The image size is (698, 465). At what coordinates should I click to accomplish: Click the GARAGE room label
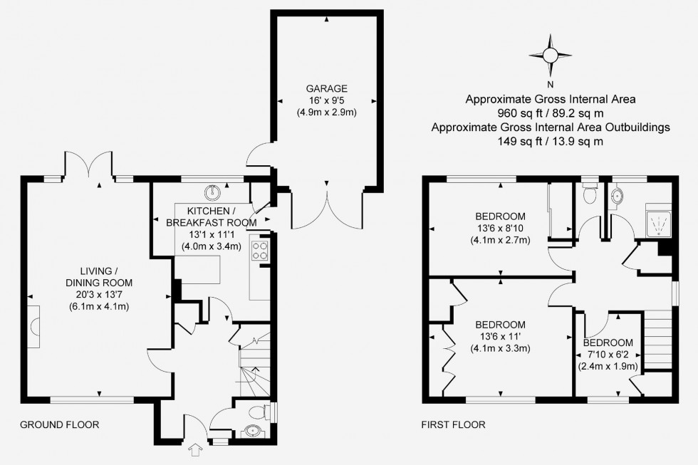tap(326, 88)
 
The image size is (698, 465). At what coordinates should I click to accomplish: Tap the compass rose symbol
tap(550, 56)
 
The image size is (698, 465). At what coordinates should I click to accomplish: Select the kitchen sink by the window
tap(213, 193)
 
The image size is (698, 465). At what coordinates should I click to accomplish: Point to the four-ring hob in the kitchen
tap(259, 250)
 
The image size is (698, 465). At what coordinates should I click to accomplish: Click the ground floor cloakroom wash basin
tap(254, 432)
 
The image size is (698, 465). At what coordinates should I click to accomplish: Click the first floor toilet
tap(590, 194)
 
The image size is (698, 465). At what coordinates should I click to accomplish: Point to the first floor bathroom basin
tap(617, 196)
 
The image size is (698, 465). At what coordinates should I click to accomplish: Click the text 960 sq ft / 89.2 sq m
tap(550, 113)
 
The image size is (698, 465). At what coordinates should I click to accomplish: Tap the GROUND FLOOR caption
tap(60, 424)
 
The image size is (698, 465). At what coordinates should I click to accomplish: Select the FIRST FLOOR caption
tap(453, 424)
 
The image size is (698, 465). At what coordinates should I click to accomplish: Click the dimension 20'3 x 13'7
tap(99, 294)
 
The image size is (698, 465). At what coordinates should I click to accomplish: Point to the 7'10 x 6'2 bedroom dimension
tap(608, 355)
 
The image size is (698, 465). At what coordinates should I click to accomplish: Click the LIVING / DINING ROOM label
tap(99, 276)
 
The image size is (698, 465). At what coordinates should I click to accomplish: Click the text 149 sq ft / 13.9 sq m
tap(550, 142)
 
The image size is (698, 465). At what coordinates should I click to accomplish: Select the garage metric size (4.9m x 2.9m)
tap(326, 112)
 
